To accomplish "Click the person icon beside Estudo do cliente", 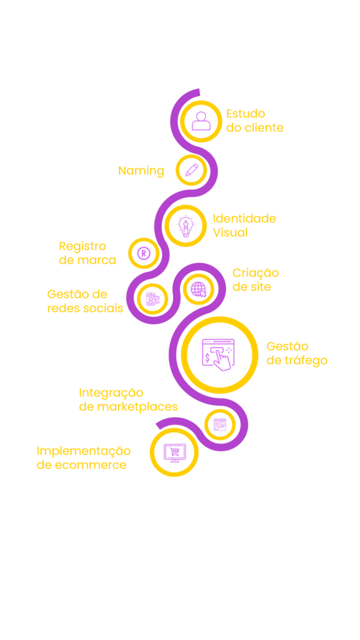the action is [x=201, y=121].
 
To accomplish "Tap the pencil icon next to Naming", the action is [x=191, y=170].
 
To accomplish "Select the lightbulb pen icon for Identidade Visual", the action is [x=186, y=226].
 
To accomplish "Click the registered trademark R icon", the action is [x=143, y=253].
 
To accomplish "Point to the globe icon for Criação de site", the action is [x=199, y=289].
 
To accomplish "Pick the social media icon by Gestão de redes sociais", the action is [x=152, y=299].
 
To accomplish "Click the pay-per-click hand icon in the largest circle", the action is [x=219, y=354].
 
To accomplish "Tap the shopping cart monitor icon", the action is [x=174, y=452].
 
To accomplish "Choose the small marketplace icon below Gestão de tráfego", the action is [x=220, y=424].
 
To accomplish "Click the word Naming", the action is [x=141, y=171].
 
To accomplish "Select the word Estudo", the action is [x=246, y=114].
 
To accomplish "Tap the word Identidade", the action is [x=244, y=218].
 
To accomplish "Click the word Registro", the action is [x=82, y=246].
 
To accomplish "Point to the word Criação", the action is [x=256, y=273].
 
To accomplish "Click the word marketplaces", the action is [x=137, y=407].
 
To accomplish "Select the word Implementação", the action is [x=84, y=451].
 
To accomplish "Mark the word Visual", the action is [x=230, y=232].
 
